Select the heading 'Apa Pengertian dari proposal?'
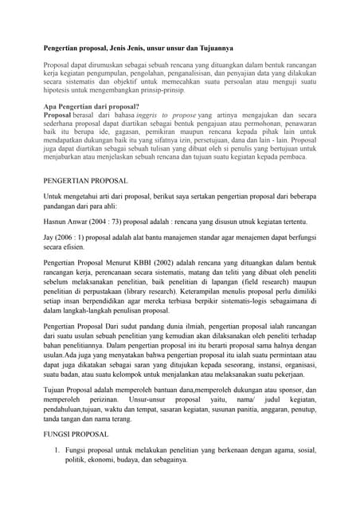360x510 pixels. [92, 106]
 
